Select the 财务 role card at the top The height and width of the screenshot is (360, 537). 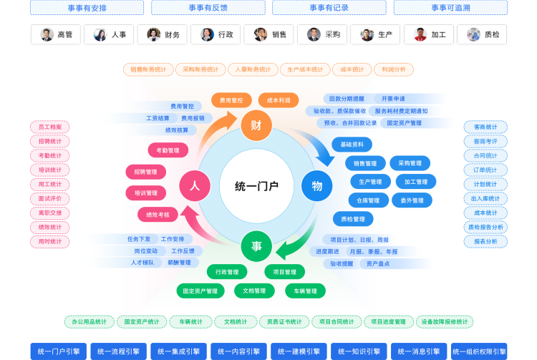pos(163,34)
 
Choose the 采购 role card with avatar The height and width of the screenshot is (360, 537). pos(324,34)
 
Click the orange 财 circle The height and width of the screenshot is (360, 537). pos(256,125)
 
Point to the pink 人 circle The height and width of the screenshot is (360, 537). pos(194,186)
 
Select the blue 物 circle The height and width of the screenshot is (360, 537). pos(316,186)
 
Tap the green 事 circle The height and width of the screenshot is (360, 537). pos(256,246)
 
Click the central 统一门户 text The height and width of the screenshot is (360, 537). pos(256,186)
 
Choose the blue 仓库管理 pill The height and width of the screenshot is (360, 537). pos(369,200)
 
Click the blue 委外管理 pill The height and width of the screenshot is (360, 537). pos(412,200)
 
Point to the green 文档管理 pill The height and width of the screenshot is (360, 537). pos(254,291)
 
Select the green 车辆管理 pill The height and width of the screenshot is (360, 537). pos(305,291)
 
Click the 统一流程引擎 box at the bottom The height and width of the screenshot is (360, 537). pos(118,351)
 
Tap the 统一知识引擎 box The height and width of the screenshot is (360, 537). pos(359,351)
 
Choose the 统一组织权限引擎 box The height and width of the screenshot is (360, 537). pos(479,351)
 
